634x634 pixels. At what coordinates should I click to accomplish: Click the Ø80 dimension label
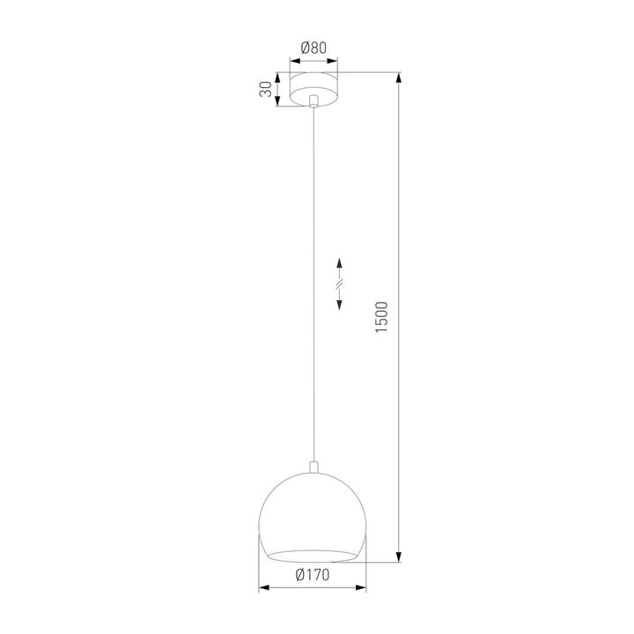pyautogui.click(x=313, y=49)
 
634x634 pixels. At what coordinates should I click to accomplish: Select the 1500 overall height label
pyautogui.click(x=380, y=316)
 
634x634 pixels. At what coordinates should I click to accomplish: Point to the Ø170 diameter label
pyautogui.click(x=313, y=577)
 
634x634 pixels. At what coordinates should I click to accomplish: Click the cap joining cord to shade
pyautogui.click(x=313, y=466)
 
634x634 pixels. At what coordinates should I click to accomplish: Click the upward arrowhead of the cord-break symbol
pyautogui.click(x=341, y=262)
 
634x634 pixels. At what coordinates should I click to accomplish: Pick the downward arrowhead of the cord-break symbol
pyautogui.click(x=341, y=303)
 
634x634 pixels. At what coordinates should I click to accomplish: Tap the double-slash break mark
pyautogui.click(x=341, y=283)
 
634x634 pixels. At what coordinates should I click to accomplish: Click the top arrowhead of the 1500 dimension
pyautogui.click(x=401, y=78)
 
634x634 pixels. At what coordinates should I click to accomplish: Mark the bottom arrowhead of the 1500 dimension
pyautogui.click(x=401, y=556)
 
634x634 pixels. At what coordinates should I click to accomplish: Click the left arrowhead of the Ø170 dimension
pyautogui.click(x=262, y=588)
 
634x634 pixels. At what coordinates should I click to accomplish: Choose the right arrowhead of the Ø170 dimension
pyautogui.click(x=365, y=588)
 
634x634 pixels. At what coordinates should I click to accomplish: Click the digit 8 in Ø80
pyautogui.click(x=314, y=49)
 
